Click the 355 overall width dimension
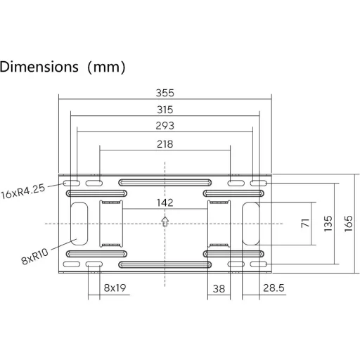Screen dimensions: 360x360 pyautogui.click(x=165, y=93)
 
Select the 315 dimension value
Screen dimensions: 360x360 pyautogui.click(x=165, y=110)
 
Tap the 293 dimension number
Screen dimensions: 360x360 pyautogui.click(x=165, y=126)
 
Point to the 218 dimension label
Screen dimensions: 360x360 pyautogui.click(x=165, y=144)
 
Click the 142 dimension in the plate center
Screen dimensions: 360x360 pyautogui.click(x=165, y=202)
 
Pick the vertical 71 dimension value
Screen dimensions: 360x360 pyautogui.click(x=305, y=223)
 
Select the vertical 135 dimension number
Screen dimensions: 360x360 pyautogui.click(x=328, y=224)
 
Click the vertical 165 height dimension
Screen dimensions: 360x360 pyautogui.click(x=349, y=224)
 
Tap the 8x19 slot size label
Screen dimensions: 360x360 pyautogui.click(x=115, y=288)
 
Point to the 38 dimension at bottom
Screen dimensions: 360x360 pyautogui.click(x=219, y=289)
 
